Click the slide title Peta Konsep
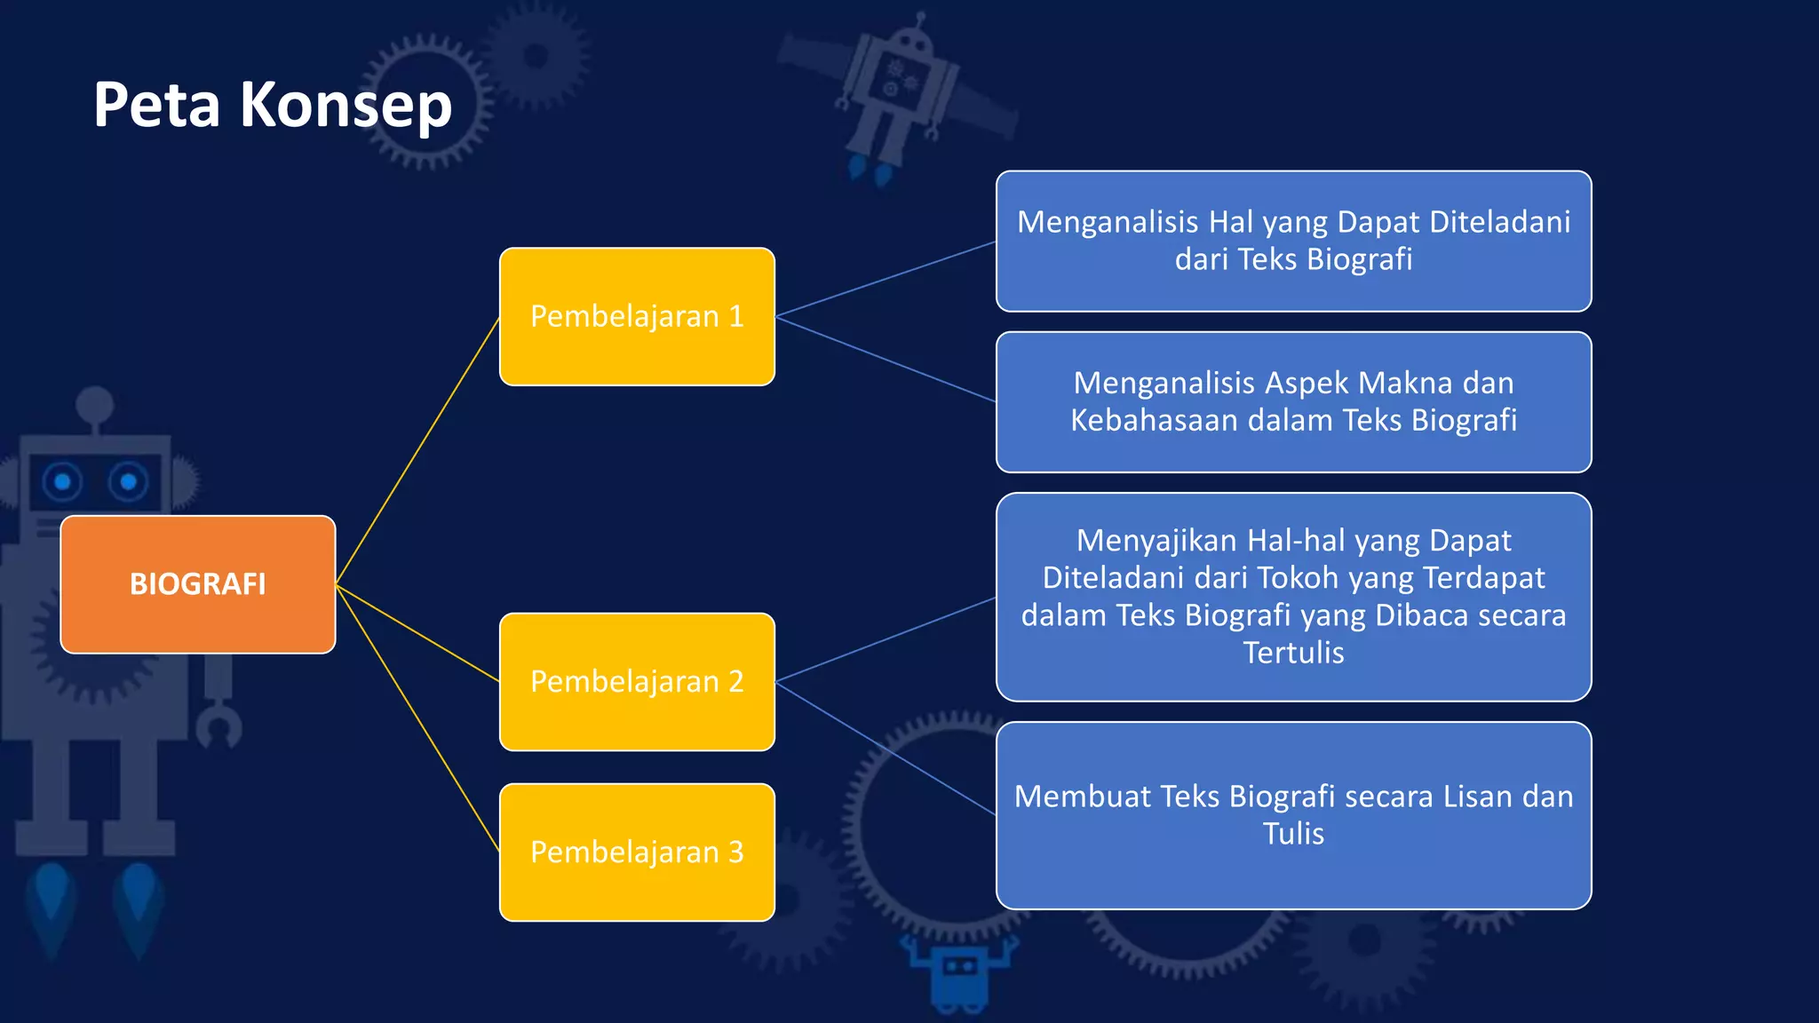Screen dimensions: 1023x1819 (x=273, y=106)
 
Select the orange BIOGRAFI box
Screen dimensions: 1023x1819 (x=197, y=584)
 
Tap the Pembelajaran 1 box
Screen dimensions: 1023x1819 (x=637, y=316)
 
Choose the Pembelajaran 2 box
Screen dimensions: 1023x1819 (x=637, y=681)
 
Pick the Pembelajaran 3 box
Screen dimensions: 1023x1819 (x=637, y=852)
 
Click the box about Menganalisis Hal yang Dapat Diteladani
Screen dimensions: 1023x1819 (x=1293, y=241)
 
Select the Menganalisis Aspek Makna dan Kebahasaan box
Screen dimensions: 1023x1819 (x=1293, y=401)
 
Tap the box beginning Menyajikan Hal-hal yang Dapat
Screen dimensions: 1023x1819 (x=1293, y=597)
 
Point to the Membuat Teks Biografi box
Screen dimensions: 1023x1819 (x=1293, y=815)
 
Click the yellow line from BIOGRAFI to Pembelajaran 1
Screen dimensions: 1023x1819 (x=417, y=450)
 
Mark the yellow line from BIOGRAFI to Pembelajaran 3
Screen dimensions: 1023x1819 (x=417, y=718)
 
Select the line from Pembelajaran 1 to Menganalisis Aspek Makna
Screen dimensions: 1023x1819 (x=886, y=359)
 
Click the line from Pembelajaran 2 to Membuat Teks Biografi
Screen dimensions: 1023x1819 (x=886, y=748)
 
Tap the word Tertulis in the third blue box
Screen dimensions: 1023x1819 (x=1293, y=653)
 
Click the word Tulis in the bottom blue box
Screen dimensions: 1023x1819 (x=1293, y=834)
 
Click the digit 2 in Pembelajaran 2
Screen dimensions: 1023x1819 (x=735, y=681)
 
